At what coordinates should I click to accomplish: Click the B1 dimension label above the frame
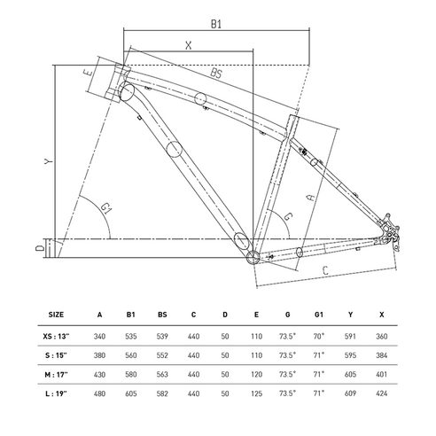216,24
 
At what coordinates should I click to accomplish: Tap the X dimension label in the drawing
189,45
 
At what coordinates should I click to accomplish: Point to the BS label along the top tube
216,73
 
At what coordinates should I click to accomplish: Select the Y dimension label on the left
49,161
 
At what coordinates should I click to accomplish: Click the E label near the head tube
89,73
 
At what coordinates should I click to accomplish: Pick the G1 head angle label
105,208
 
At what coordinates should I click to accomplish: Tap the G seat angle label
288,216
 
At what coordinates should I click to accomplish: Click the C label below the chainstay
325,270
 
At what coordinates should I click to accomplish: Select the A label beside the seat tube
311,198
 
